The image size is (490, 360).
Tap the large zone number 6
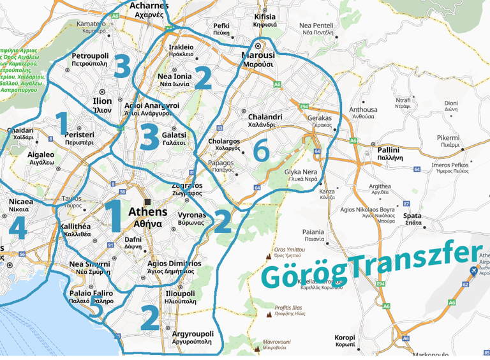260,151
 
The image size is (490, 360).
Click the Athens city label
148,212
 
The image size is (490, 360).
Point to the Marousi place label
257,56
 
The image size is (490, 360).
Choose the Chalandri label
265,117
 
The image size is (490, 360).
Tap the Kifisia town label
265,17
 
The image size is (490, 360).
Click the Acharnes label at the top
149,6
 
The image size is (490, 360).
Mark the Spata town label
412,216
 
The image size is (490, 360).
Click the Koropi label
345,337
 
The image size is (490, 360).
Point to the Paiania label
314,232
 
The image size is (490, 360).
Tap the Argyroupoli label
193,334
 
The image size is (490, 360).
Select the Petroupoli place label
90,56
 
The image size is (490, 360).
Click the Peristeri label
79,135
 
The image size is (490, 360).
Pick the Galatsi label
174,135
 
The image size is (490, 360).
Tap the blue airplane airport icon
472,272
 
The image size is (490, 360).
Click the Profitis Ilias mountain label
292,308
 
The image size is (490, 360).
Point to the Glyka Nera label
301,173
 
